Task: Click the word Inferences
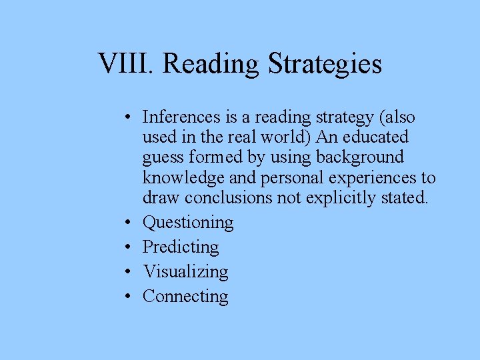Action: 181,117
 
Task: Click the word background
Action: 363,157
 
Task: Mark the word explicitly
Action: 339,198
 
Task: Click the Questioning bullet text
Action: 188,223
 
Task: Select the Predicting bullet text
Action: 181,247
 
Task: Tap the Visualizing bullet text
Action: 185,272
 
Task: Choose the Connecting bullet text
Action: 185,297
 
